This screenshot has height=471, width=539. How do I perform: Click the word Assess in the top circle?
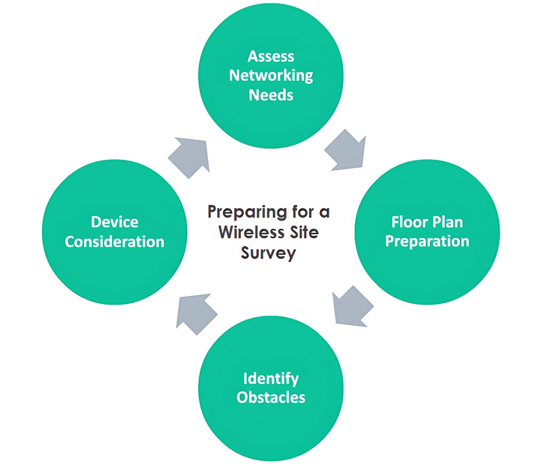click(270, 56)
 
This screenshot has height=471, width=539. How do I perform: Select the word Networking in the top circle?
click(271, 75)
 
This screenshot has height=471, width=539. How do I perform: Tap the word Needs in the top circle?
click(271, 94)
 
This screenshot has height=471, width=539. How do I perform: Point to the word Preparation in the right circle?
click(427, 241)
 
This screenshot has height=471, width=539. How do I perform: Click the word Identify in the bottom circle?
click(271, 379)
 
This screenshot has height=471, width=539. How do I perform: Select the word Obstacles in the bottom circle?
click(271, 398)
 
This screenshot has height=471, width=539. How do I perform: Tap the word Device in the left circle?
click(114, 222)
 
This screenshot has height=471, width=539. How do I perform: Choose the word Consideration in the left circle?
click(114, 241)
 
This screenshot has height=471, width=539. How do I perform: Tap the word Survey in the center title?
click(269, 252)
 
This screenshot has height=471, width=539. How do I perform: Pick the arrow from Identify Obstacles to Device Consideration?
click(196, 313)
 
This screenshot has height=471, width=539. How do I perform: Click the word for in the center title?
click(297, 213)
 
